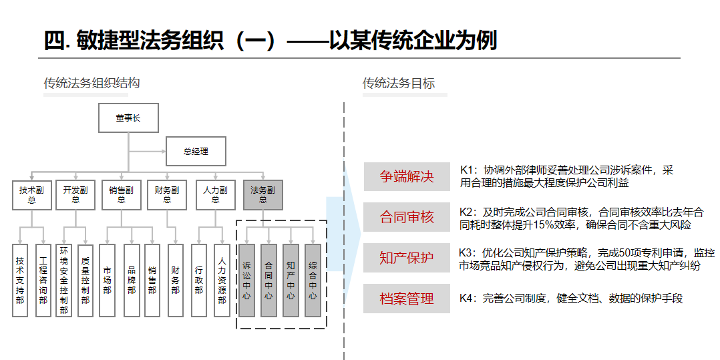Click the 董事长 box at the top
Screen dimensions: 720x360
pos(128,118)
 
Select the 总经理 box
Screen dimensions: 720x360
pos(196,151)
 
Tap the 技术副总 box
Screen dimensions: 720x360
pos(31,195)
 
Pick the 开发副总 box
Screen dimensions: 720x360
pos(75,195)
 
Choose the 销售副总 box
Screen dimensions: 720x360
pos(122,195)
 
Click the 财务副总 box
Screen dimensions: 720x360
pos(167,195)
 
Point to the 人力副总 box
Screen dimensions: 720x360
pos(215,195)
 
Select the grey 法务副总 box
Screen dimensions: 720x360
pos(263,195)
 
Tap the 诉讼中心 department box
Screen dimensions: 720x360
pos(247,280)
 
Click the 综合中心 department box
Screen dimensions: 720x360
pos(313,280)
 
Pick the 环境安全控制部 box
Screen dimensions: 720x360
pos(64,280)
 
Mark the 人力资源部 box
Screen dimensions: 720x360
pos(222,280)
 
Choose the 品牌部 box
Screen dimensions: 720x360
pos(132,280)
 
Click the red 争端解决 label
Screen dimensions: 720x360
pos(407,176)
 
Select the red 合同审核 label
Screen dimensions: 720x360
pos(407,216)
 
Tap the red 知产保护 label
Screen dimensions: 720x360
pos(407,258)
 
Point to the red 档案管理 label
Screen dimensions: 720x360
pos(407,299)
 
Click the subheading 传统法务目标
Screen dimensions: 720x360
pos(399,83)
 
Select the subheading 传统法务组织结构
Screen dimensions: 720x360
pos(92,83)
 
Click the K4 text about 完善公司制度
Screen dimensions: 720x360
pos(571,299)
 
